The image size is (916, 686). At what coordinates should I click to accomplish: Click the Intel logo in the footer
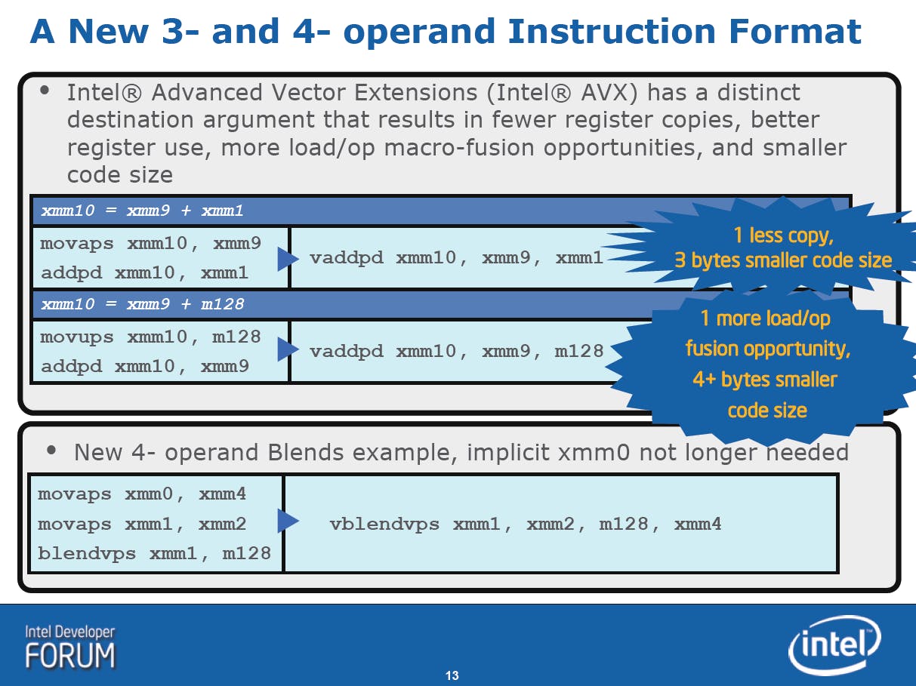click(x=834, y=645)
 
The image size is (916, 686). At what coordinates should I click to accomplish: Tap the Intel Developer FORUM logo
click(x=69, y=648)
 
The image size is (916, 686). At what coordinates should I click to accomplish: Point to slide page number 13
click(x=452, y=675)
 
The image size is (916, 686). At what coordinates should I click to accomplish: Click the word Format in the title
click(x=795, y=31)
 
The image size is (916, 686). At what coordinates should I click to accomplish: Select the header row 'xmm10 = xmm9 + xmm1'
click(x=142, y=211)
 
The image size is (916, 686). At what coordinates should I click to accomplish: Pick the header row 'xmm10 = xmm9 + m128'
click(x=142, y=304)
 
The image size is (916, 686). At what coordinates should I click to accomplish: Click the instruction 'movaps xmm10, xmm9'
click(x=150, y=244)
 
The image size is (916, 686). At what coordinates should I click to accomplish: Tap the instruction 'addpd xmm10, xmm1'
click(x=144, y=273)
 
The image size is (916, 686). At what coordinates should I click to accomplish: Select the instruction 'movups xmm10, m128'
click(x=150, y=337)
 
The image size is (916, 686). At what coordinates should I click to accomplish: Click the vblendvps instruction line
click(x=526, y=524)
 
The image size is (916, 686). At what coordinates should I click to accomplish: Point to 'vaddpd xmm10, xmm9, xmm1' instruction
click(x=456, y=258)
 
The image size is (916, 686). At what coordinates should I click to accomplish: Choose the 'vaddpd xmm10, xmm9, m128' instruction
click(x=457, y=352)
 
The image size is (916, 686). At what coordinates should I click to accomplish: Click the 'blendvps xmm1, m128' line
click(x=154, y=554)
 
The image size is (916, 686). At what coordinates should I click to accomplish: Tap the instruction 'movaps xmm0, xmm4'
click(x=142, y=494)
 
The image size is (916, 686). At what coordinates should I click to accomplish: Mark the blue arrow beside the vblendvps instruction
click(x=288, y=521)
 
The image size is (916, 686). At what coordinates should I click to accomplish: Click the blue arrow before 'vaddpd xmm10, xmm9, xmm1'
click(x=288, y=259)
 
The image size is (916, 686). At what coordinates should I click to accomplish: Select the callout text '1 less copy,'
click(x=784, y=235)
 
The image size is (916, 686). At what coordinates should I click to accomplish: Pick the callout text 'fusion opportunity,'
click(x=768, y=349)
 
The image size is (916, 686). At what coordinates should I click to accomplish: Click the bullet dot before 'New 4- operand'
click(x=51, y=451)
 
